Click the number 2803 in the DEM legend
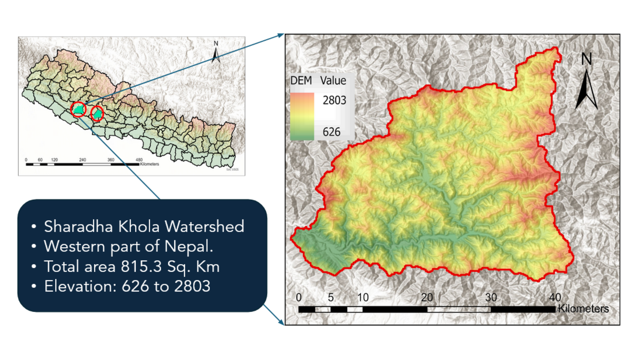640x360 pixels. point(334,100)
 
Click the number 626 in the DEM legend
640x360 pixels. point(331,132)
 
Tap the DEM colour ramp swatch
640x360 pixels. point(302,116)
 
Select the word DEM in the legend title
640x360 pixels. point(301,81)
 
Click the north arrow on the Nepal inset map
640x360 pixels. point(216,55)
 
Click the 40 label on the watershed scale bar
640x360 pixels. point(555,297)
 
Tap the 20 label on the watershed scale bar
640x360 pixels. point(427,297)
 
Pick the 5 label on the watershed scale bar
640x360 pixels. point(331,297)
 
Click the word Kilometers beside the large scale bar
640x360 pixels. point(583,309)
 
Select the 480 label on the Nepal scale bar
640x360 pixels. point(139,160)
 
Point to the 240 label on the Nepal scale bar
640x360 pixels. point(83,160)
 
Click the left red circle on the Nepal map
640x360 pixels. point(78,109)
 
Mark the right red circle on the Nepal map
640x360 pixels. point(97,114)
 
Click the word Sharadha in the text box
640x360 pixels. point(78,227)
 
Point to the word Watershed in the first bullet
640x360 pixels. point(204,227)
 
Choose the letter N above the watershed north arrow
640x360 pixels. point(586,59)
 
